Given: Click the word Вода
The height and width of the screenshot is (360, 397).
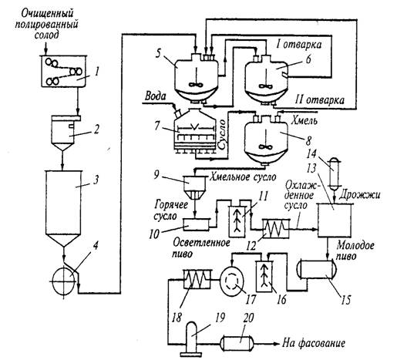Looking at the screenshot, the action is [155, 96].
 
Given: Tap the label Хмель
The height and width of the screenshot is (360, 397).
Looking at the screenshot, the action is [304, 120].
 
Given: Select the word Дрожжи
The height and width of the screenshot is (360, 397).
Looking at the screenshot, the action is [359, 195].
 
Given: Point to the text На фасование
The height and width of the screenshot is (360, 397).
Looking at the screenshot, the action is [314, 343].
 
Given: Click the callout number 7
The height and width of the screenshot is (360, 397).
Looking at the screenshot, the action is [157, 126].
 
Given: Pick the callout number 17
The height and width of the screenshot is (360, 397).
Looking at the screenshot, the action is [251, 299].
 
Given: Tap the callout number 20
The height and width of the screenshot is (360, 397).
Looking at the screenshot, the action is [248, 318].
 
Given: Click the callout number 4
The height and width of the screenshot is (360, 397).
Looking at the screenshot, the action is [95, 246].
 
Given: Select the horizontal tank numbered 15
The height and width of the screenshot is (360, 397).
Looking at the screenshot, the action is [317, 269].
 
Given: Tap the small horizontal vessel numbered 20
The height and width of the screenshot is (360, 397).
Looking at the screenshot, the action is [237, 343].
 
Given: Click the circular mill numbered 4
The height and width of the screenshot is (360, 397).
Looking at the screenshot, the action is [64, 281].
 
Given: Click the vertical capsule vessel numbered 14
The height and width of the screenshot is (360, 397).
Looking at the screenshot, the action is [334, 173].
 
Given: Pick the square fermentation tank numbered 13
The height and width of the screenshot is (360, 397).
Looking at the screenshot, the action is [335, 220].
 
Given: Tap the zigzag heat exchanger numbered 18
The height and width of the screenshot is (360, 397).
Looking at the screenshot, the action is [197, 279].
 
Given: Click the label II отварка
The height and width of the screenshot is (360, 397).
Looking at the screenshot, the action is [319, 99].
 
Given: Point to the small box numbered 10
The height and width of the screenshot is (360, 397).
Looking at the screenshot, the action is [196, 224].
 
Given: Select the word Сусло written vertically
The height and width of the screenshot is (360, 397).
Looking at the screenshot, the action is [221, 134].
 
